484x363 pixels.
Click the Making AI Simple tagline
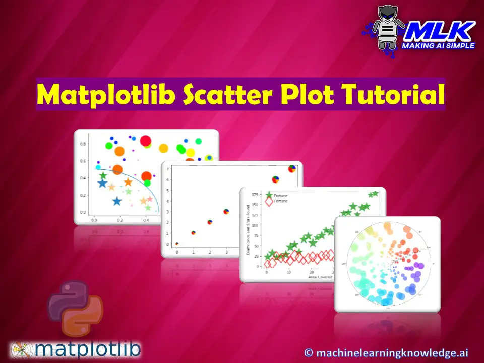click(x=438, y=45)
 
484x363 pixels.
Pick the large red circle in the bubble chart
click(x=146, y=141)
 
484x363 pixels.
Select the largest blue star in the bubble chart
click(x=117, y=201)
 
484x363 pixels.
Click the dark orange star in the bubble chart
click(x=128, y=182)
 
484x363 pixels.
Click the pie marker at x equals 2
click(x=210, y=222)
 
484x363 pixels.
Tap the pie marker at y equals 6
click(x=275, y=179)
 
